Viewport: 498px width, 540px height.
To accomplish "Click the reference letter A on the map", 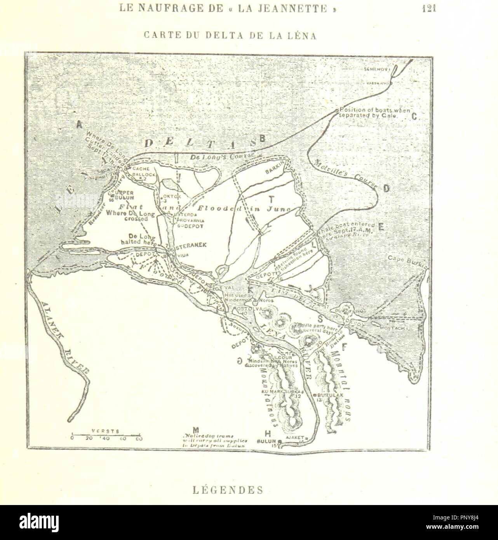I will pyautogui.click(x=79, y=125).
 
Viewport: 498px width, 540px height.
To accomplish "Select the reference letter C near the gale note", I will pyautogui.click(x=414, y=116).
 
